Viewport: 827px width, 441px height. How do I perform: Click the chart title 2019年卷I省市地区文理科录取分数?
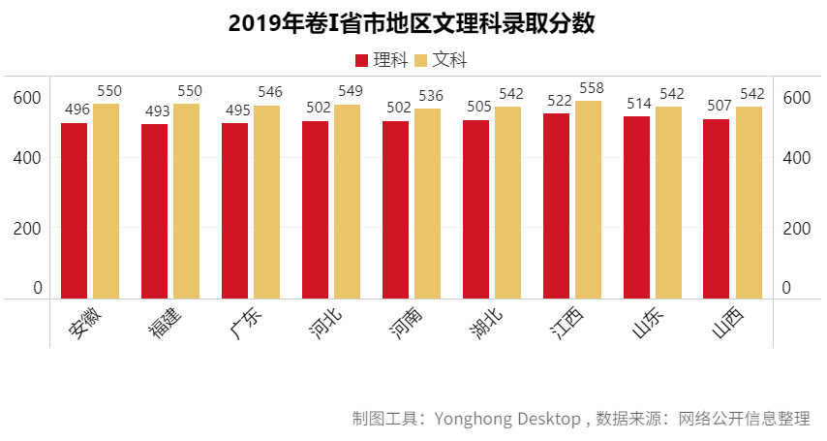coord(412,23)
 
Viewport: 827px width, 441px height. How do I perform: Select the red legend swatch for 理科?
coord(362,60)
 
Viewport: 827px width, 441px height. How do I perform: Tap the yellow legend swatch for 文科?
coord(421,60)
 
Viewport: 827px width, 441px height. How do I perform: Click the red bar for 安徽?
coord(75,210)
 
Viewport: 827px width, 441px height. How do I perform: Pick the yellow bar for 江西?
coord(588,200)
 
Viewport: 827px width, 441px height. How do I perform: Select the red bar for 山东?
coord(636,207)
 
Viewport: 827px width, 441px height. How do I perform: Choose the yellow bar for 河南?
coord(427,204)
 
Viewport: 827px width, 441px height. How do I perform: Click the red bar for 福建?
coord(155,211)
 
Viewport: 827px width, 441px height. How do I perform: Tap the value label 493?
coord(155,110)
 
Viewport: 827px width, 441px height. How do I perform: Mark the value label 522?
coord(556,101)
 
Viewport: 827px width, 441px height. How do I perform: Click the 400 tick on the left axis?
coord(27,157)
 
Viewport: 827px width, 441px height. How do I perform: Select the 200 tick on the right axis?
coord(795,228)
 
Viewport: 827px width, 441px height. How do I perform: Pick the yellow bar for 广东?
coord(266,202)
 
